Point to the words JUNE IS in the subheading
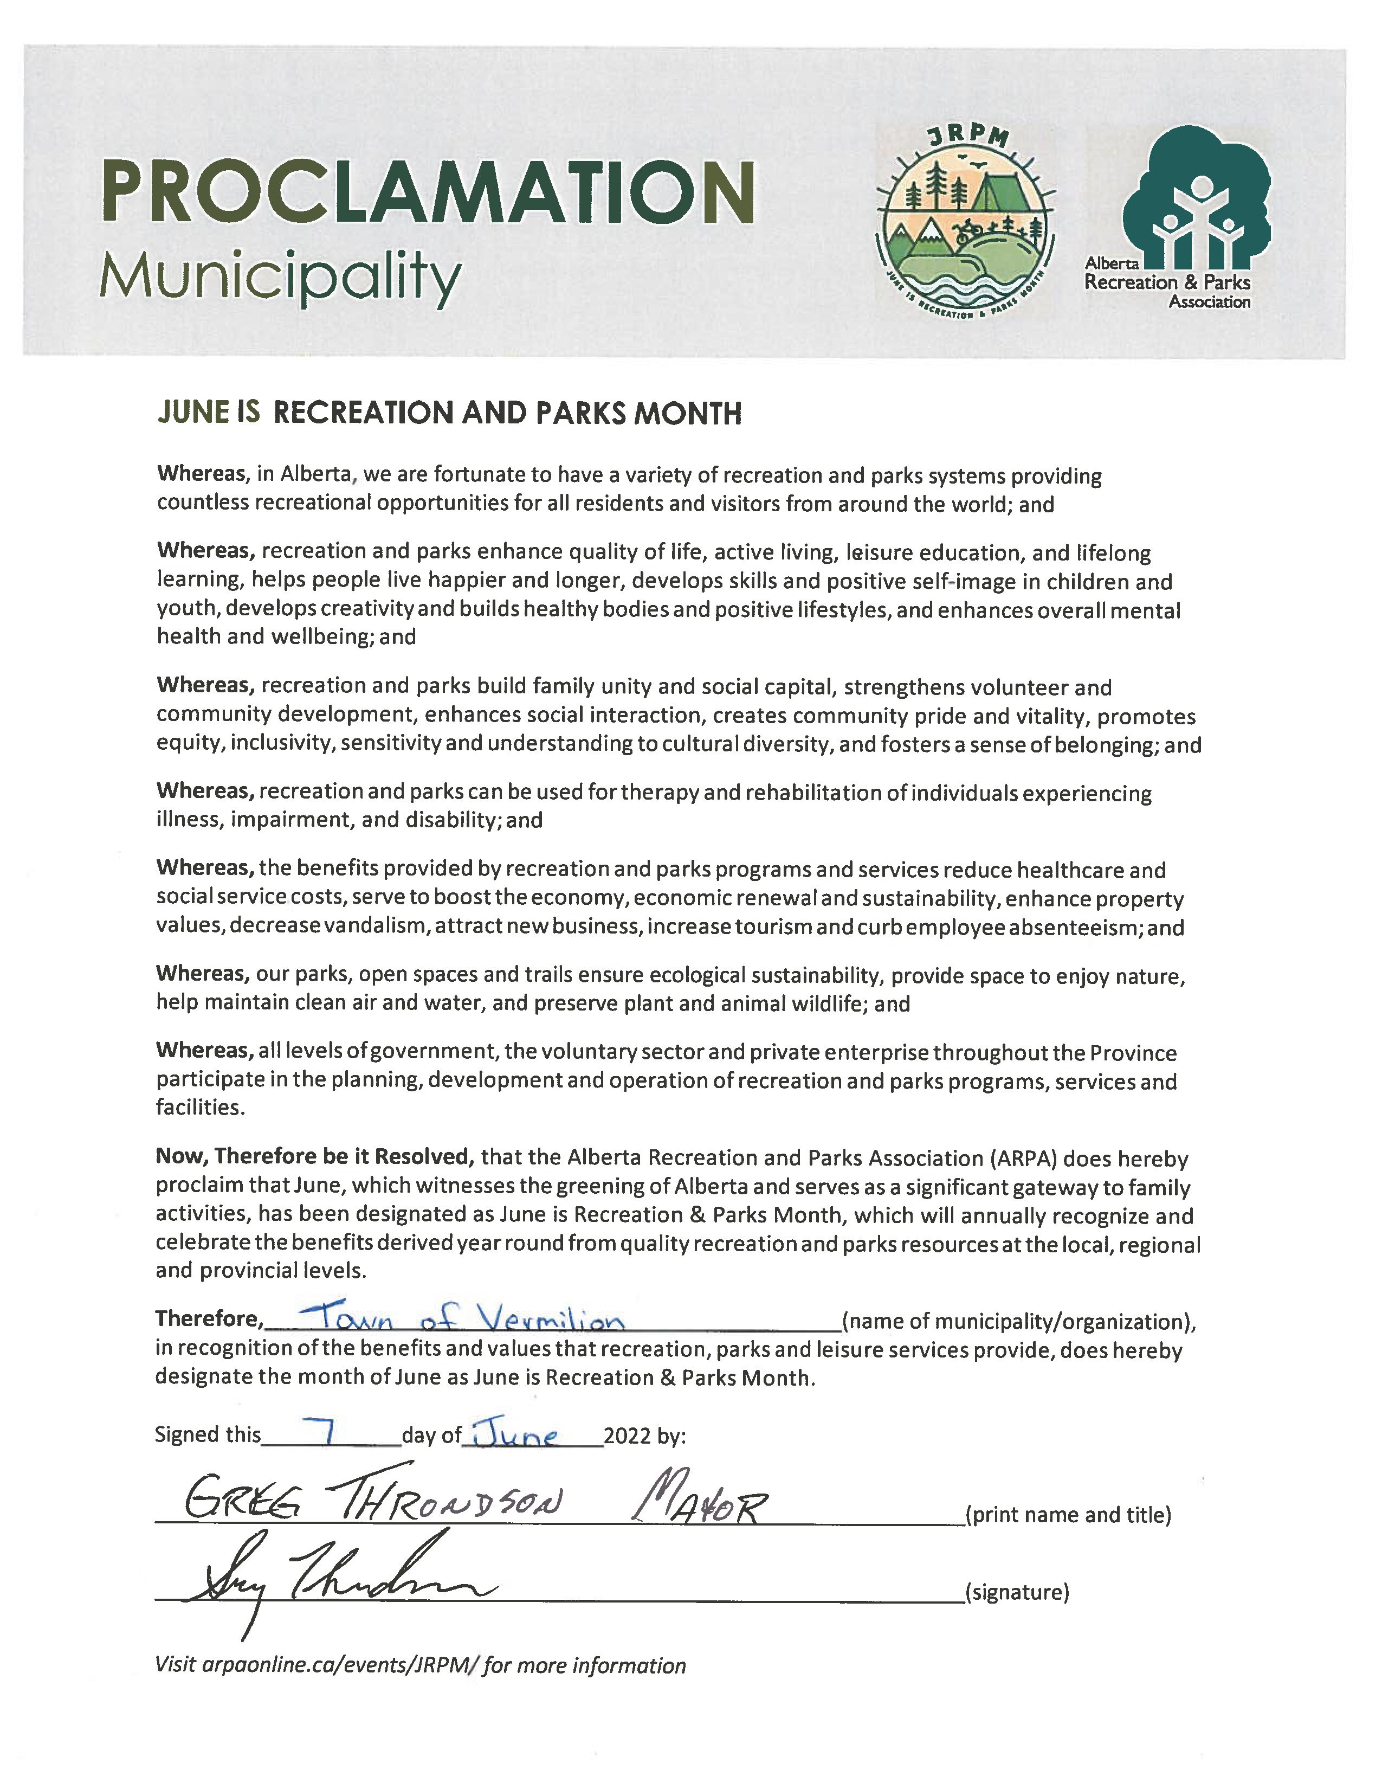pos(209,412)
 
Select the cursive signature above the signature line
pos(335,1585)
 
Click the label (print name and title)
pos(1068,1515)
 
